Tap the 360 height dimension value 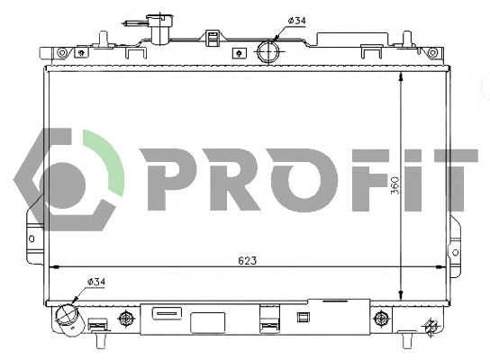click(x=395, y=184)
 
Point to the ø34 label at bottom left click(x=96, y=283)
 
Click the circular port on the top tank click(x=268, y=50)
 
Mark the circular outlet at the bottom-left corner click(x=68, y=318)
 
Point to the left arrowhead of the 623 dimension click(x=52, y=266)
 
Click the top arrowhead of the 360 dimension click(x=401, y=75)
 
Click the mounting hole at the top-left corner click(x=61, y=53)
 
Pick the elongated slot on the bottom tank click(x=167, y=313)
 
